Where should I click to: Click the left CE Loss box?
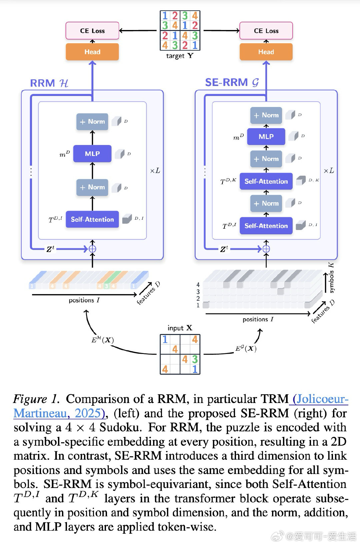92,31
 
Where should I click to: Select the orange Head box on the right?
266,52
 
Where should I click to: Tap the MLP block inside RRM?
92,154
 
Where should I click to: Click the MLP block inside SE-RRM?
266,137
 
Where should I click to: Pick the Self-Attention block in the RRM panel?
92,219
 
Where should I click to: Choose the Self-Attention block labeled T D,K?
266,181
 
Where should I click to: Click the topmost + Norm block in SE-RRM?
266,115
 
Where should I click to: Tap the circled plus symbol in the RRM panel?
92,249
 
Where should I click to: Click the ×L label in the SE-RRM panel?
329,171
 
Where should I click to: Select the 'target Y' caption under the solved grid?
180,56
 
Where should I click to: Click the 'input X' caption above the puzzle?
180,328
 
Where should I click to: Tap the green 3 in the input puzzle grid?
195,359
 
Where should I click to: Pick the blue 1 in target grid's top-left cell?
165,16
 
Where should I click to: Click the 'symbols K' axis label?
331,278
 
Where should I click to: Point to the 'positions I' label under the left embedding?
84,300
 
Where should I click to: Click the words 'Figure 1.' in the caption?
36,399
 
